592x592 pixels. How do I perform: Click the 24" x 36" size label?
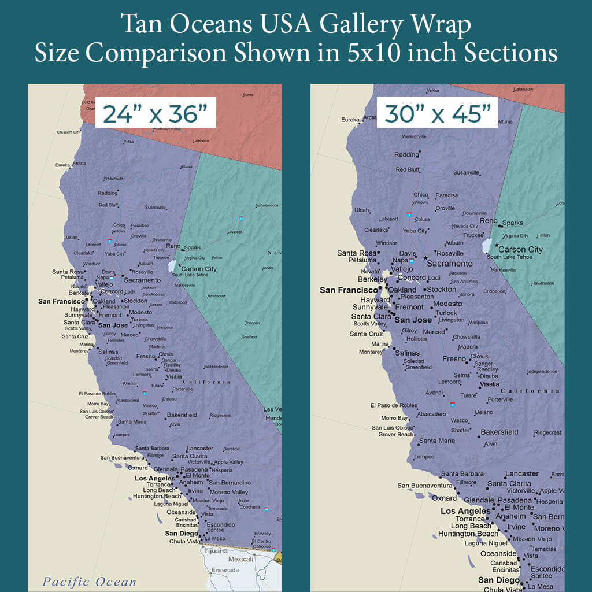point(154,113)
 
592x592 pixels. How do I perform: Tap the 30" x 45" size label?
point(438,113)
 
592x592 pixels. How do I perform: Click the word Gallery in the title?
point(355,25)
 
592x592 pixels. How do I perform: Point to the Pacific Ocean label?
point(90,582)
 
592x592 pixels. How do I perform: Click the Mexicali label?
point(241,559)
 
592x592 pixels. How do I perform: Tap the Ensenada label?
point(226,570)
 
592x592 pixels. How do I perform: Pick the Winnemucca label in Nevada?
point(267,205)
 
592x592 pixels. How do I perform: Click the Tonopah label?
point(253,323)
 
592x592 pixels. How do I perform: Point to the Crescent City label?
point(68,132)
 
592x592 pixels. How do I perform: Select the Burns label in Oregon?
point(248,95)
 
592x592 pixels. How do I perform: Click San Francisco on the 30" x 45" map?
point(348,290)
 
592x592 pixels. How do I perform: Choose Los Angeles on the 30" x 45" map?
point(465,511)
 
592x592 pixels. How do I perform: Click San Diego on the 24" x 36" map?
point(181,534)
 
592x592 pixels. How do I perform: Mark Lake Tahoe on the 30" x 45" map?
point(486,246)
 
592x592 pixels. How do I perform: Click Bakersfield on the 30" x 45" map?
point(499,432)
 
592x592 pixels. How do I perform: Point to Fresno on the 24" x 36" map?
point(145,356)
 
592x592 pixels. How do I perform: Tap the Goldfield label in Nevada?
point(249,337)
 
